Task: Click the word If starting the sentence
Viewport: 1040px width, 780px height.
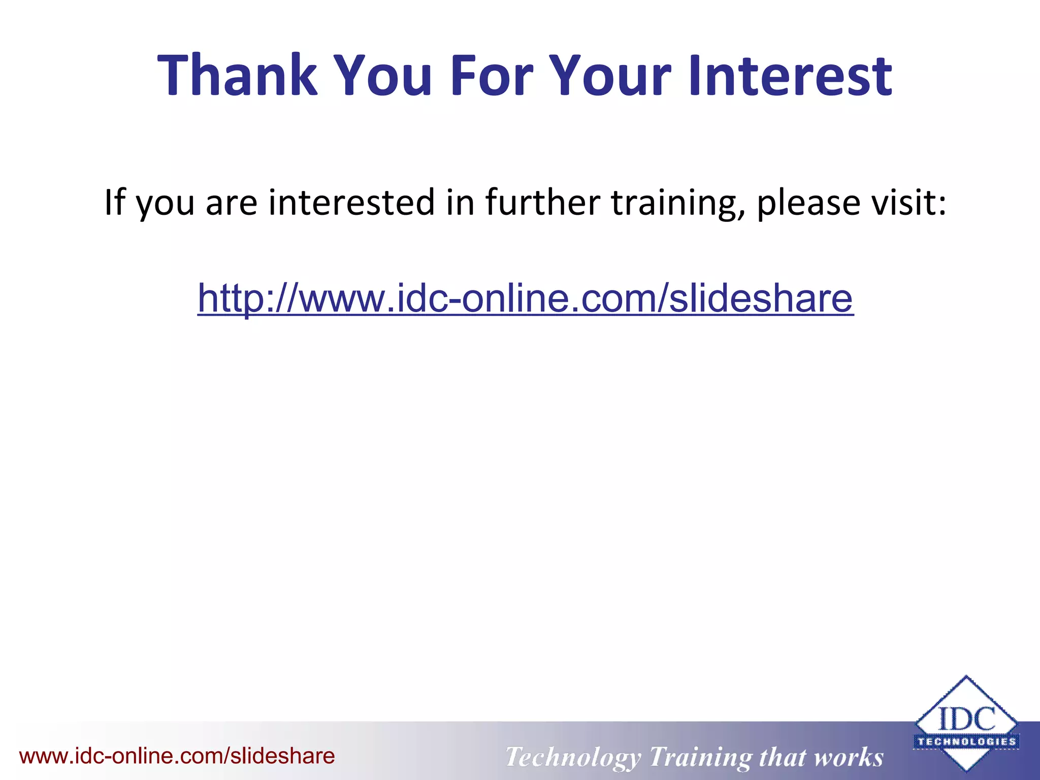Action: [114, 202]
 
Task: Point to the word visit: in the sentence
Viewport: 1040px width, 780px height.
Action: [909, 202]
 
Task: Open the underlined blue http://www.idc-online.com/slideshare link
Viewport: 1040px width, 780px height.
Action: [526, 298]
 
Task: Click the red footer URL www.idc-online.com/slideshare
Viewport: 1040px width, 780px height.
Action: [177, 756]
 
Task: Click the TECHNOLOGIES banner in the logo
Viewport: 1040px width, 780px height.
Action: [966, 741]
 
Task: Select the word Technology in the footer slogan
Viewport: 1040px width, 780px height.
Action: [573, 757]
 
